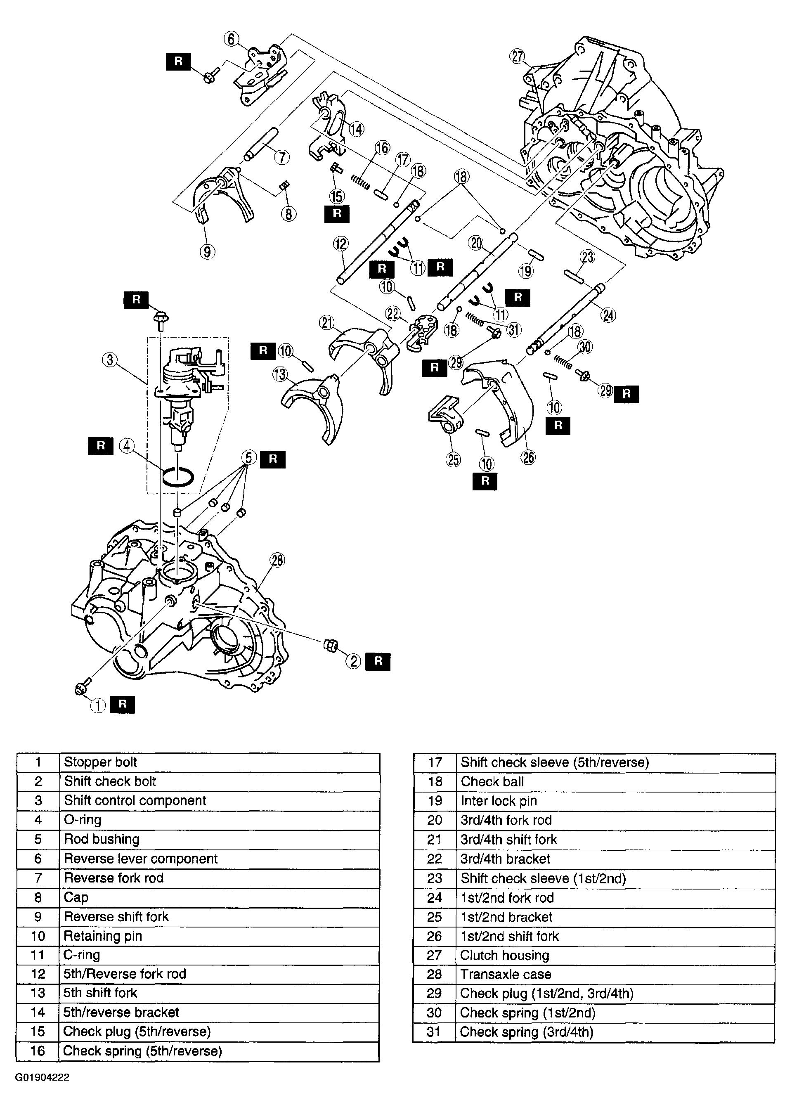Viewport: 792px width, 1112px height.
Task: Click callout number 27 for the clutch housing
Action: pyautogui.click(x=517, y=57)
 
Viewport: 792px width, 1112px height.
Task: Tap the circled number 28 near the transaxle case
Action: pyautogui.click(x=277, y=561)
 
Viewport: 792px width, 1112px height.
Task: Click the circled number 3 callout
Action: pyautogui.click(x=110, y=360)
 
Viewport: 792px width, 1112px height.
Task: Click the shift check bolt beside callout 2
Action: pyautogui.click(x=331, y=646)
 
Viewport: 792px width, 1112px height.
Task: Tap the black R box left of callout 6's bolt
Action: pyautogui.click(x=178, y=61)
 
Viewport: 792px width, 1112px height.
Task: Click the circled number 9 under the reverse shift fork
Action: pyautogui.click(x=207, y=252)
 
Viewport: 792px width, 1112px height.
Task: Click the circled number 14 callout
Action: pyautogui.click(x=357, y=129)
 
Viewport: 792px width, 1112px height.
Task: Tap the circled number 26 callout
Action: pyautogui.click(x=529, y=457)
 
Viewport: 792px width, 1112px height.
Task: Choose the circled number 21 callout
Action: pyautogui.click(x=327, y=323)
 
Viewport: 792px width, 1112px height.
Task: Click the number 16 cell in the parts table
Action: pyautogui.click(x=38, y=1051)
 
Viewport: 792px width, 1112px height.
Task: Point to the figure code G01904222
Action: pyautogui.click(x=42, y=1077)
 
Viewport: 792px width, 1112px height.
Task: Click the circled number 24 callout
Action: pyautogui.click(x=609, y=315)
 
